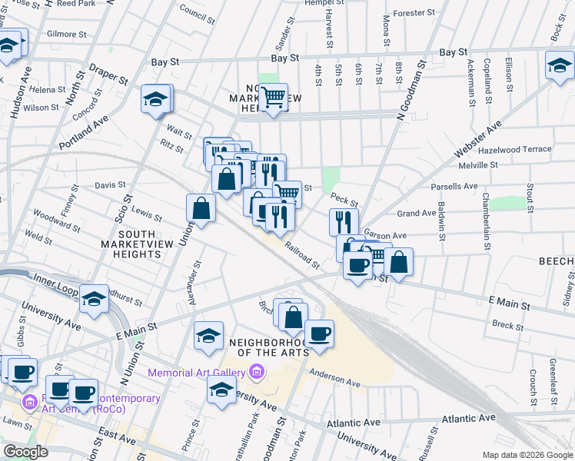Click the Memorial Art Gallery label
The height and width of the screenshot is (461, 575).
point(197,373)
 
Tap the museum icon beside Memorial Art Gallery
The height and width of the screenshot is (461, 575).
point(256,373)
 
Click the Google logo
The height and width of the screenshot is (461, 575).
point(25,452)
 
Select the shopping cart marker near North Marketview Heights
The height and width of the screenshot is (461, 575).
point(273,98)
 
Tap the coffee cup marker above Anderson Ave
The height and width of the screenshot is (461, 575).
point(319,333)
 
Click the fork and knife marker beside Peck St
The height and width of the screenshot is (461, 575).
point(344,222)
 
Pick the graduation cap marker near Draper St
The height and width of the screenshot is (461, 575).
point(155,99)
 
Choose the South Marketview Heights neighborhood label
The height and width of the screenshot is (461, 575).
point(138,244)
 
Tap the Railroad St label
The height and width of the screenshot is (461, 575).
point(302,255)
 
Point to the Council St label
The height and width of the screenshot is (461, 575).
point(197,12)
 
